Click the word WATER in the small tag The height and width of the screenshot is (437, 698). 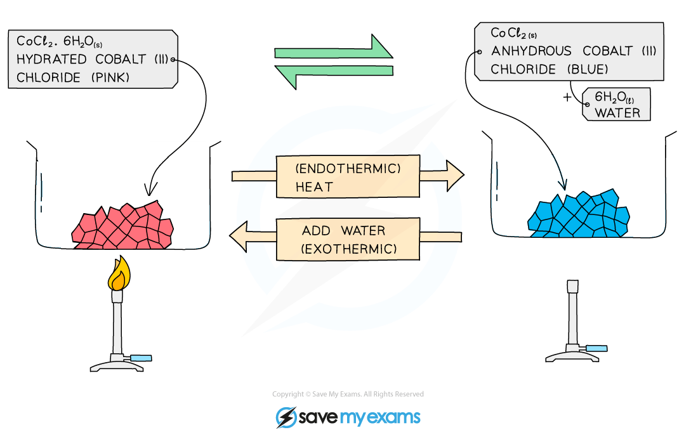click(617, 113)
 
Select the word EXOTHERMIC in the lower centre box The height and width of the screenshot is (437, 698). click(349, 249)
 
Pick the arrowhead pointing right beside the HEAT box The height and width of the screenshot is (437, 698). click(453, 176)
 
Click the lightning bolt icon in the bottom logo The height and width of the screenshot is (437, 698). click(285, 417)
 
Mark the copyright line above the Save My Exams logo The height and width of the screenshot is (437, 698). click(348, 394)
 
